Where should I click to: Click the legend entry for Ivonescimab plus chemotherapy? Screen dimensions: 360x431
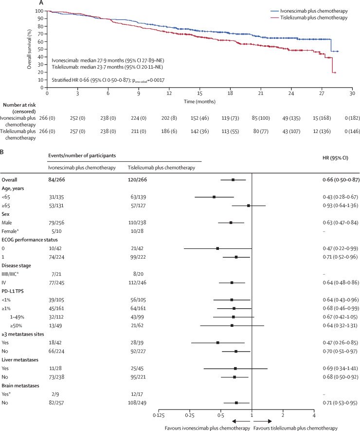pos(309,11)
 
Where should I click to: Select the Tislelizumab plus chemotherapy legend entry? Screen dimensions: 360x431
pos(309,18)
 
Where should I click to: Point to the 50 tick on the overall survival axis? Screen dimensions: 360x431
pos(40,49)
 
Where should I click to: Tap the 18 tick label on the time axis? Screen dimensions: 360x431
pos(230,93)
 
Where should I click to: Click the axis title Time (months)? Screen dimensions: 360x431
pos(199,101)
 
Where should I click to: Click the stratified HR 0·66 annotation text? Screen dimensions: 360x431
pos(108,80)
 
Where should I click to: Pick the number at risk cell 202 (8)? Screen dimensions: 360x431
pos(169,118)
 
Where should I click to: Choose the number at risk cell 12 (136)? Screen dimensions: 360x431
pos(322,131)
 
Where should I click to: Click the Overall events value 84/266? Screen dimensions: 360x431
pos(57,180)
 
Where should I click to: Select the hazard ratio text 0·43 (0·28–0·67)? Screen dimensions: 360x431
pos(340,197)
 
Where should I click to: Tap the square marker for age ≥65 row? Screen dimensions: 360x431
pos(249,206)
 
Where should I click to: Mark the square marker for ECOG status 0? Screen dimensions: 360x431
pos(218,248)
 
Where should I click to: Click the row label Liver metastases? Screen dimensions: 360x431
pos(20,360)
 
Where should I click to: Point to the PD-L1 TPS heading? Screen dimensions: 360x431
pos(13,291)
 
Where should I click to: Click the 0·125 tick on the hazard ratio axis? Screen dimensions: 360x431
pos(159,415)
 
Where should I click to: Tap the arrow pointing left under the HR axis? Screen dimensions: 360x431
pos(241,421)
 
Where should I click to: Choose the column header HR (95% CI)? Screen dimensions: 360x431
pos(335,158)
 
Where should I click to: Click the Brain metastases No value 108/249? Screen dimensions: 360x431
pos(137,403)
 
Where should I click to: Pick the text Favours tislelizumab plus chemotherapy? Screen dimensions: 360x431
pos(295,428)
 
